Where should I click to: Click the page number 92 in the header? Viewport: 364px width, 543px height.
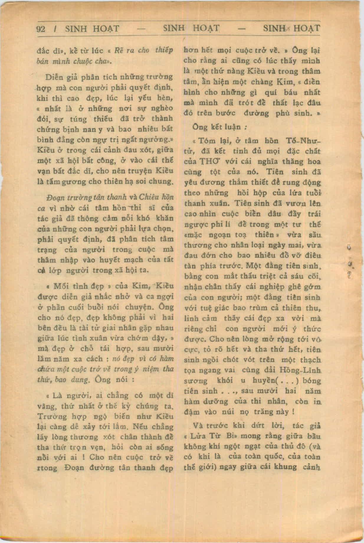pos(40,29)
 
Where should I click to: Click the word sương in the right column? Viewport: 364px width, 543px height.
pos(195,381)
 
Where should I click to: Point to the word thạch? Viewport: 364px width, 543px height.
pos(311,360)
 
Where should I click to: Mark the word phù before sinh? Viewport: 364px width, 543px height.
pos(284,113)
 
